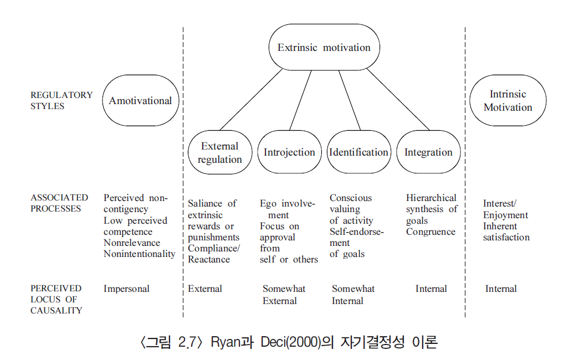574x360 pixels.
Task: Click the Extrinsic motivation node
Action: tap(324, 48)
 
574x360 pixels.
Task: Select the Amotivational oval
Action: tap(140, 101)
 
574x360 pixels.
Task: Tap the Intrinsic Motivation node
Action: tap(508, 101)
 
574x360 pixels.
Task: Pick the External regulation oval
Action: tap(220, 153)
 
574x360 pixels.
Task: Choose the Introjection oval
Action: tap(289, 152)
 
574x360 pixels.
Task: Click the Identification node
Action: tap(358, 152)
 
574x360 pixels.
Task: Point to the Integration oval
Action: tap(428, 152)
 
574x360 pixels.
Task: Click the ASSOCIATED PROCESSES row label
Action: tap(59, 203)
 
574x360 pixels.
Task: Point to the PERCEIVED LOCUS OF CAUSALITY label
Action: tap(56, 299)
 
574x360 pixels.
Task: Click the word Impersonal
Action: tap(126, 289)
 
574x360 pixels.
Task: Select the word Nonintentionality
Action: tap(139, 254)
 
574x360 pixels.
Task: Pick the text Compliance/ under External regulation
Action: tap(214, 248)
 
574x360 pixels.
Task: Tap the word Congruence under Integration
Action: tap(430, 232)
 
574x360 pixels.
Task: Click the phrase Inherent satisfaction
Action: tap(506, 232)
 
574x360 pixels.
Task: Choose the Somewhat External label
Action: tap(283, 295)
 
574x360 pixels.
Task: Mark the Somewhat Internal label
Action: tap(352, 295)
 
